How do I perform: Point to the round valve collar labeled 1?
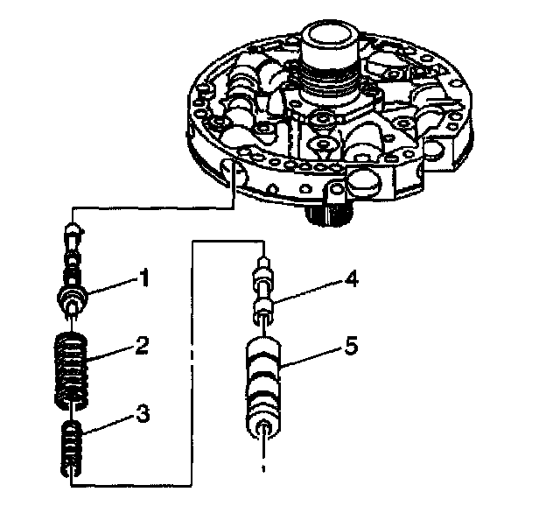click(x=74, y=298)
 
